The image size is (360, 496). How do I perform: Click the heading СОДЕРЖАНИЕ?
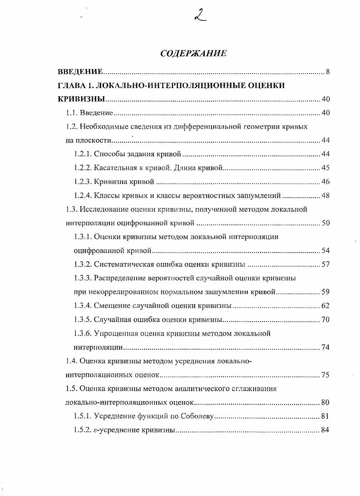[x=193, y=54]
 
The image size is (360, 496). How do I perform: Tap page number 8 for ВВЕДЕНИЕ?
[x=327, y=72]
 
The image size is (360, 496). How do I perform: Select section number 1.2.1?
[x=83, y=154]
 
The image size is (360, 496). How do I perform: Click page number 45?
[x=325, y=168]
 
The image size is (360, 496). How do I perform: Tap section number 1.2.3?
[x=83, y=182]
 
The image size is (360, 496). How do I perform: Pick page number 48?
[x=325, y=196]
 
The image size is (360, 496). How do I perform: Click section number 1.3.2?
[x=83, y=264]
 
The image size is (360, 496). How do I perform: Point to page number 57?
[x=325, y=264]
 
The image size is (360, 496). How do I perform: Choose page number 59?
[x=325, y=292]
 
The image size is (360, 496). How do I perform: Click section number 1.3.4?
[x=83, y=306]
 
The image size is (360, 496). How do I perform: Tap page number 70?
[x=325, y=319]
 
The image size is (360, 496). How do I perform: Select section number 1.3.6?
[x=83, y=333]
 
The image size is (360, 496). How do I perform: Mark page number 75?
[x=325, y=375]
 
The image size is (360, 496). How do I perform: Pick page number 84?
[x=325, y=430]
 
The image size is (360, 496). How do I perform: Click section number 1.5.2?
[x=83, y=430]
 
